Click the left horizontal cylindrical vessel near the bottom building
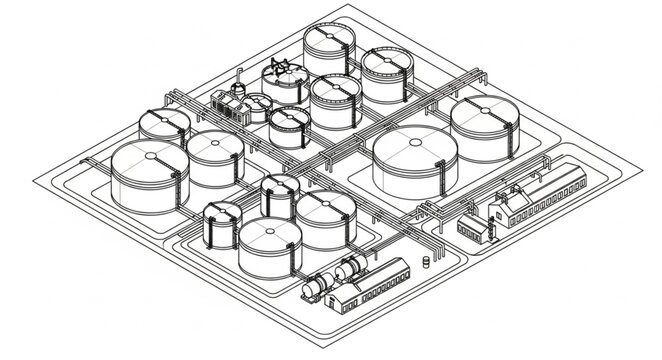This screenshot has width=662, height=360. tap(319, 285)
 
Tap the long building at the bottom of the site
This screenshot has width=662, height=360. tap(375, 284)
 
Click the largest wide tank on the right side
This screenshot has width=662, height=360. tap(415, 160)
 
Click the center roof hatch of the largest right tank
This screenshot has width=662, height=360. tap(415, 143)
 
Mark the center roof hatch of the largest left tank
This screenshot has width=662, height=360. tap(148, 157)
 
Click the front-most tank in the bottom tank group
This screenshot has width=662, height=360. tap(267, 248)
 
